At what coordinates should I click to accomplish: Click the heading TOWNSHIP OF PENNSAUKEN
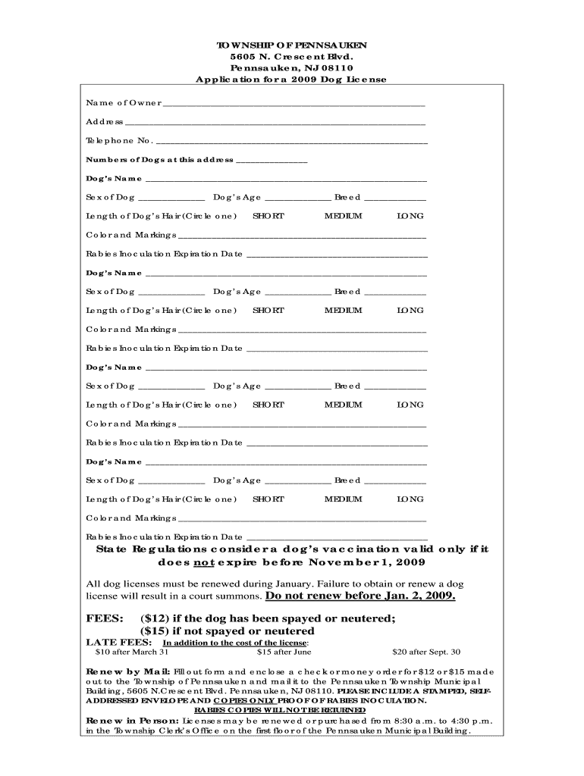(292, 44)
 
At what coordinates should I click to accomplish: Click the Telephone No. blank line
(291, 142)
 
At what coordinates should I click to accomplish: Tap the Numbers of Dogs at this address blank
(272, 161)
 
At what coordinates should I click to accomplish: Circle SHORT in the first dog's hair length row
(268, 216)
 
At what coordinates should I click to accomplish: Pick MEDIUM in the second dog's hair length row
(344, 310)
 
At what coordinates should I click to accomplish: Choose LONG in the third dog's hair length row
(410, 405)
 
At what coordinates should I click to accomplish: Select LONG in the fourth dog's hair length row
(410, 499)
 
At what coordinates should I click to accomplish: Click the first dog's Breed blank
(395, 199)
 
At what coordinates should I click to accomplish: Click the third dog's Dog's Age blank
(297, 387)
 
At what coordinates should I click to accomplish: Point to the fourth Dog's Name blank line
(286, 463)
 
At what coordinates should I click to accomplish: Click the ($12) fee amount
(155, 618)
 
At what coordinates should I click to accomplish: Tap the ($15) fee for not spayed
(155, 631)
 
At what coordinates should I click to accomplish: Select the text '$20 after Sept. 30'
(425, 652)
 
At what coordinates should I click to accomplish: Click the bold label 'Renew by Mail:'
(128, 671)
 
